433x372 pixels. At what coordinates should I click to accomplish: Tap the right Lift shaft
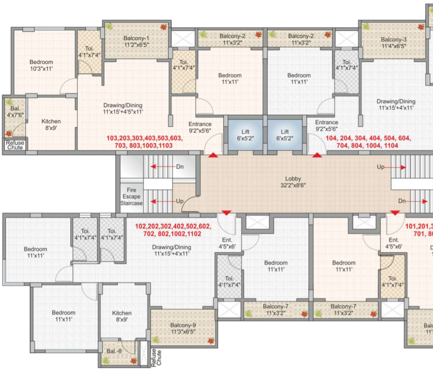tap(285, 135)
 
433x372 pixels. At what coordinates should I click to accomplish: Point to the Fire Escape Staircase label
tap(131, 196)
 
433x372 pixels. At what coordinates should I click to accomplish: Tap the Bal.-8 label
tap(112, 351)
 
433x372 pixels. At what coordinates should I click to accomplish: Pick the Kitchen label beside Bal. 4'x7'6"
tap(51, 125)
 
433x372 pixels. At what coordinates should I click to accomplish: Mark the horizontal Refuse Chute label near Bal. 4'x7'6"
tap(15, 146)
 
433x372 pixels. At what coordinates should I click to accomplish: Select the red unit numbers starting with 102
tap(173, 230)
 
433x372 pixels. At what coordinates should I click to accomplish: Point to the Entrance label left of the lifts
tap(200, 127)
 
